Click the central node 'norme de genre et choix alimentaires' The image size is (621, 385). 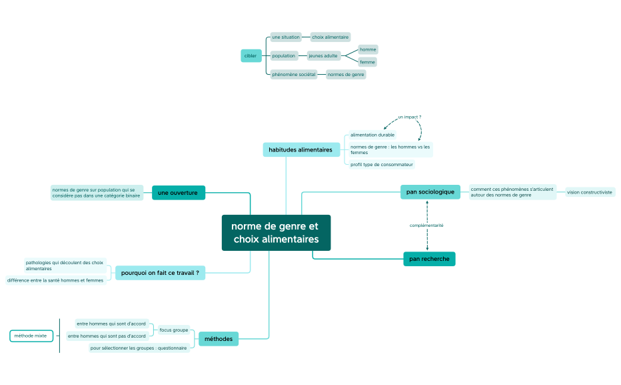276,233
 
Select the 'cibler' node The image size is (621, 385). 251,56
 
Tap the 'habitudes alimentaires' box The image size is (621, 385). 300,150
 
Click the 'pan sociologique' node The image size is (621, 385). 430,192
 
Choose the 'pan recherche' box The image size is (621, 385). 429,259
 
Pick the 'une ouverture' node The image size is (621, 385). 178,193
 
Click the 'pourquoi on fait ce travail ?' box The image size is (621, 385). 160,272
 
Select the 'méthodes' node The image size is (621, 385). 219,339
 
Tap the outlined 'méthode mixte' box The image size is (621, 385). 31,336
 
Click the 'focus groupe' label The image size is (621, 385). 174,330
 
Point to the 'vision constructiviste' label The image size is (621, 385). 590,192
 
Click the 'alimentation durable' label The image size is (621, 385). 372,135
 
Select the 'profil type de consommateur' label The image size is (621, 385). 382,164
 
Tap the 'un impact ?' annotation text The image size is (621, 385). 409,117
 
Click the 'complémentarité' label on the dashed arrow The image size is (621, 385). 426,226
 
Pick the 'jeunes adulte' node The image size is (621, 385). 323,56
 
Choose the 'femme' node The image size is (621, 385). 368,62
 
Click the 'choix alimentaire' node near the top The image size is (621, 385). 330,37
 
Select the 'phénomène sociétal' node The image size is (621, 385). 294,75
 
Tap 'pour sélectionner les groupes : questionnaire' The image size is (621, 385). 139,348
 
